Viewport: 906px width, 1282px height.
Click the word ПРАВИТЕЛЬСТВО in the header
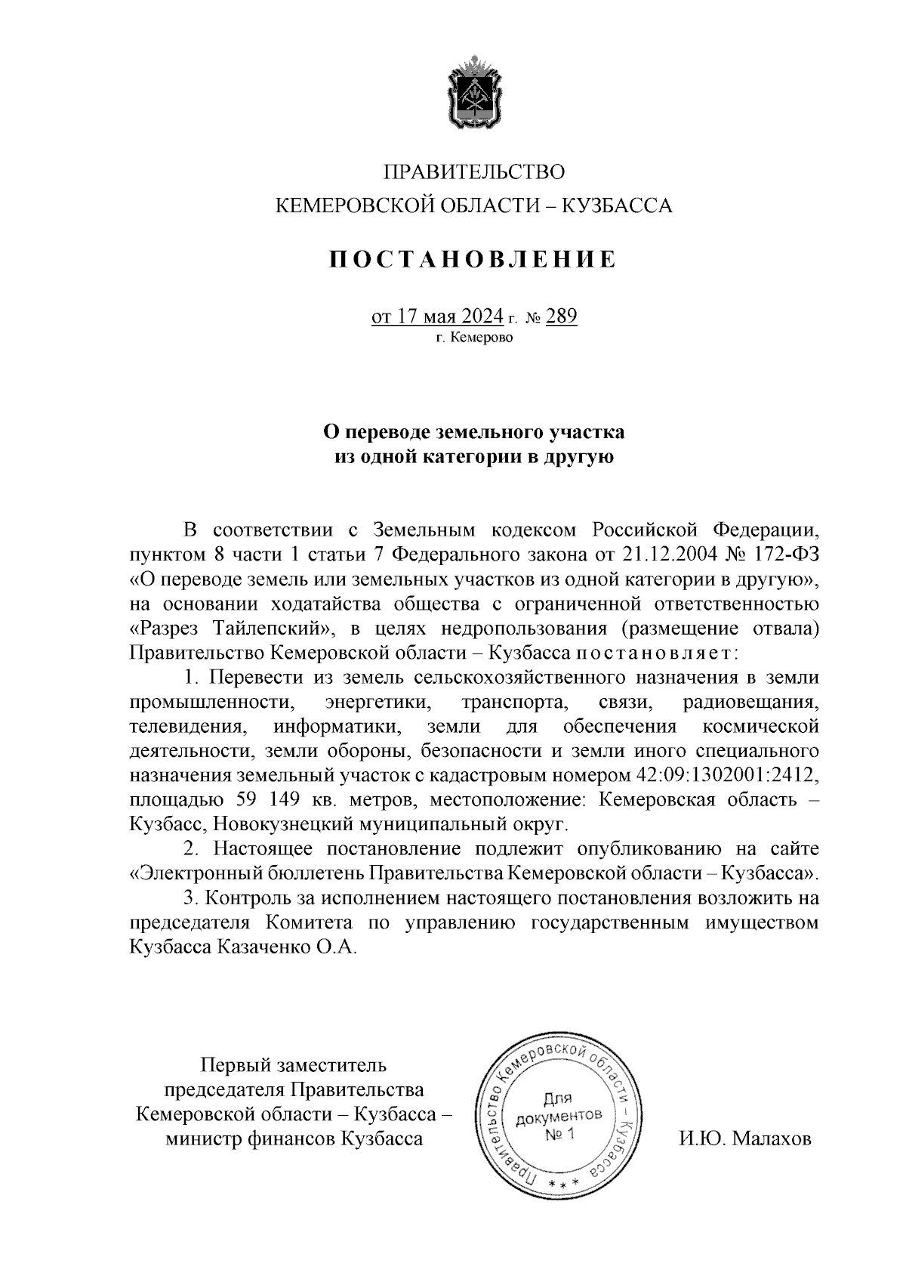point(474,172)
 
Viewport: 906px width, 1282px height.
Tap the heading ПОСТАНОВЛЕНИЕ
point(473,259)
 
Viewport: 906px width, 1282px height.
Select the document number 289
point(561,316)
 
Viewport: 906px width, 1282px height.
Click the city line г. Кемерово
point(473,338)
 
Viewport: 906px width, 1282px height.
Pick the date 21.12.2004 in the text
point(670,554)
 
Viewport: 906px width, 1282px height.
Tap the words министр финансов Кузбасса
point(294,1138)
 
